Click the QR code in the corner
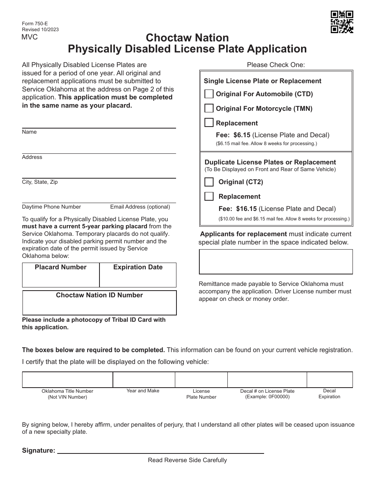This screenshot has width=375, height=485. [x=341, y=22]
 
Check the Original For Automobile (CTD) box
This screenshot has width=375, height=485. [x=209, y=94]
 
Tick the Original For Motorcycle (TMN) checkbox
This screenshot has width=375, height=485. [x=209, y=108]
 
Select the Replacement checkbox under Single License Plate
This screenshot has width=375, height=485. [x=209, y=123]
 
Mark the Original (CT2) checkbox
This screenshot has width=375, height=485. [x=209, y=182]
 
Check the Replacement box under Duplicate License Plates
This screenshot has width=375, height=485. [x=209, y=196]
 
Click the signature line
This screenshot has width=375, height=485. [x=161, y=450]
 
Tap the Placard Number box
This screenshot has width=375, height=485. [x=61, y=279]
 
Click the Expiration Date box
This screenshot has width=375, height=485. [x=138, y=279]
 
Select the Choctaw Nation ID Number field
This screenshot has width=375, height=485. [x=99, y=306]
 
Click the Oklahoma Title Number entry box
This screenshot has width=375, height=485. [x=67, y=380]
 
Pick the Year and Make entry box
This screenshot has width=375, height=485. [x=144, y=380]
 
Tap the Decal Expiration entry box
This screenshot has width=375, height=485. [x=329, y=380]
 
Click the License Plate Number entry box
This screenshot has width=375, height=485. [x=201, y=380]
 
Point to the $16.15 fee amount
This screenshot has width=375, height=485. [x=246, y=209]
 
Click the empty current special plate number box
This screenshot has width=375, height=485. [x=276, y=261]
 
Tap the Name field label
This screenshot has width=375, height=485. [x=29, y=132]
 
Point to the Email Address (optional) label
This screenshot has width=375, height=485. [x=140, y=207]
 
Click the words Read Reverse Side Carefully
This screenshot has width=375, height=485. [x=187, y=460]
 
